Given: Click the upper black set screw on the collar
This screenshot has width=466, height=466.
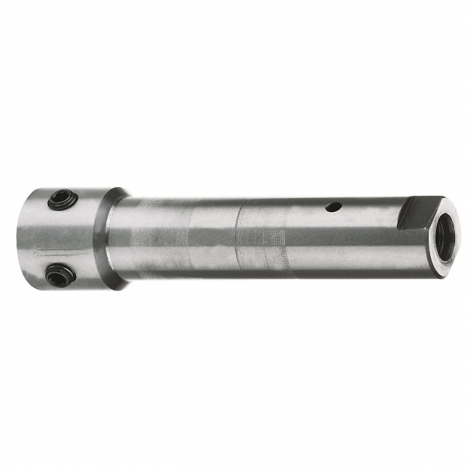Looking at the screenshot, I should (61, 201).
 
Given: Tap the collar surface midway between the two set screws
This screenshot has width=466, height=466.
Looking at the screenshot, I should (59, 238).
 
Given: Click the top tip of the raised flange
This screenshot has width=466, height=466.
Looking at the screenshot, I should (116, 189).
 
